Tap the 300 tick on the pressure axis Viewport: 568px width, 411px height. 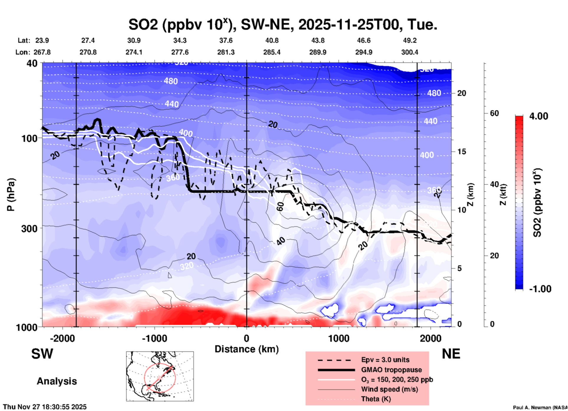click(31, 228)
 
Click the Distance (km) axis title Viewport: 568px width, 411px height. click(247, 349)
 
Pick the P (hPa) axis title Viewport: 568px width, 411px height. click(11, 195)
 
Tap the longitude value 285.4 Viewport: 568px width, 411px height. click(272, 52)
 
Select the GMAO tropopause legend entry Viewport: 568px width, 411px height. click(391, 370)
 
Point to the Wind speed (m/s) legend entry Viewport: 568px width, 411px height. click(389, 389)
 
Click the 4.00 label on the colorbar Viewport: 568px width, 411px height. click(539, 116)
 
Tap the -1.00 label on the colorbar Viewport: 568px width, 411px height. click(540, 289)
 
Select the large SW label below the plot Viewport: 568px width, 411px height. click(42, 354)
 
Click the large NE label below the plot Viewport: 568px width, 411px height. click(451, 354)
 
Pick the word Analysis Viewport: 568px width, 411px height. click(57, 381)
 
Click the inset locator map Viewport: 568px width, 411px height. click(160, 376)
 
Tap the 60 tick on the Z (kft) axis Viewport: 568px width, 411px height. click(494, 113)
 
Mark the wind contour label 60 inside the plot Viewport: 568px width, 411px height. click(280, 206)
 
